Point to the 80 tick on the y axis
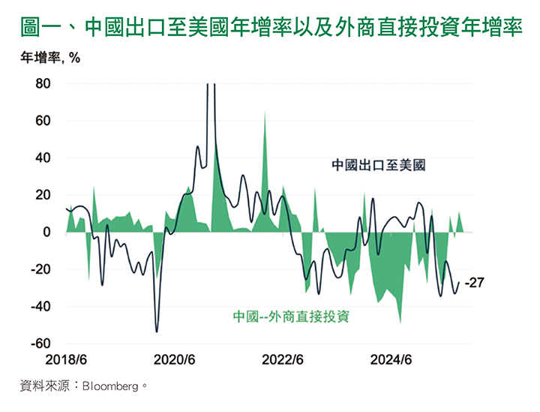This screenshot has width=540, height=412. tap(42, 84)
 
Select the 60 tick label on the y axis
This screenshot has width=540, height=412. tap(42, 121)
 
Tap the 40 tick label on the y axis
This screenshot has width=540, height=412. tap(42, 158)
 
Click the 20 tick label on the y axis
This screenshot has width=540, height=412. tap(42, 195)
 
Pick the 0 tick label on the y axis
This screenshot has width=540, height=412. tap(46, 233)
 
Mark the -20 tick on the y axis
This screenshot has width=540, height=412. tap(40, 269)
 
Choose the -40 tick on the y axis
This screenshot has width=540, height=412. tap(40, 307)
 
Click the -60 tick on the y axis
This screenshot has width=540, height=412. tap(40, 344)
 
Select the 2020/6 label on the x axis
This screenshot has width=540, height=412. tap(175, 359)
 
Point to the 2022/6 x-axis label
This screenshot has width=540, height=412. tap(283, 359)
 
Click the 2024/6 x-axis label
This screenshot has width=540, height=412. tap(391, 359)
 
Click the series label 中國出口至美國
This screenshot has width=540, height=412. tap(379, 165)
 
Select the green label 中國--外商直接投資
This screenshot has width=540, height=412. tap(292, 316)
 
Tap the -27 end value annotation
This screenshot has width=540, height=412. tap(475, 283)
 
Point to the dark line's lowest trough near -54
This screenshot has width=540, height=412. tap(157, 331)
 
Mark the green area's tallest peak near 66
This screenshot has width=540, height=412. tap(265, 111)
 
